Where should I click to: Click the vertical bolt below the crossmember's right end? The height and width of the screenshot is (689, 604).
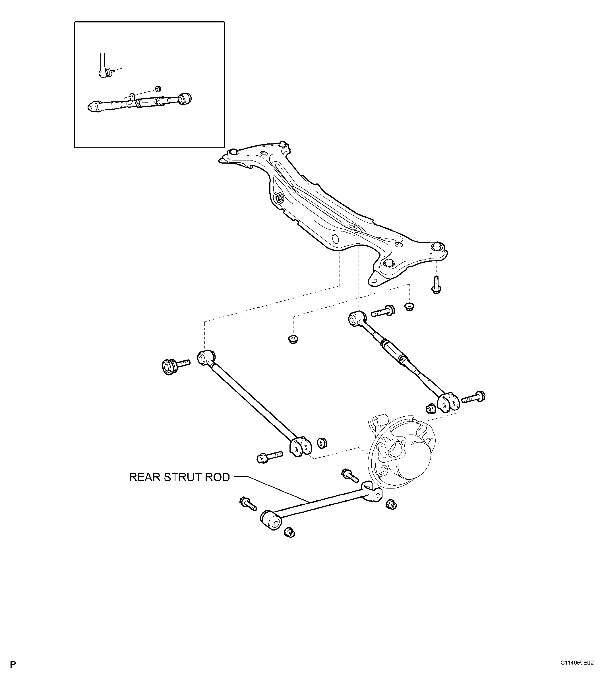(x=436, y=284)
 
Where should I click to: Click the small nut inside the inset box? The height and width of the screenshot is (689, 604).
(x=158, y=89)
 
